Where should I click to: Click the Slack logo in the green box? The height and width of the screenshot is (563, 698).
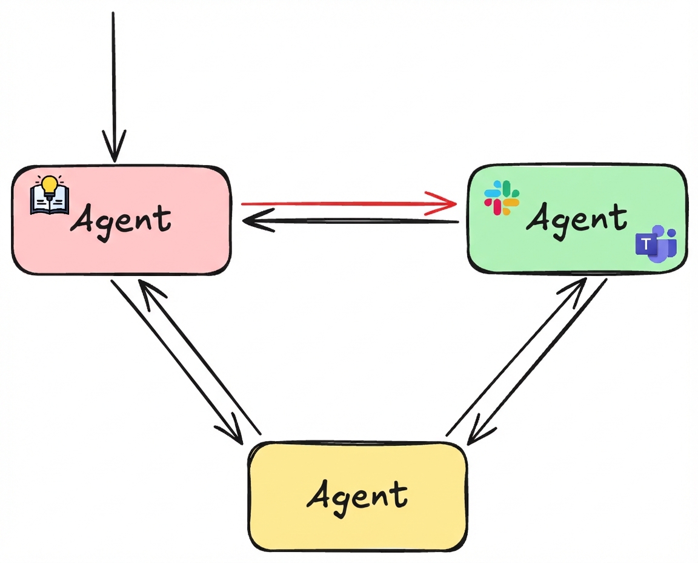pyautogui.click(x=502, y=197)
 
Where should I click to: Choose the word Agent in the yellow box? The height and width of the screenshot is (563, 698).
pyautogui.click(x=357, y=495)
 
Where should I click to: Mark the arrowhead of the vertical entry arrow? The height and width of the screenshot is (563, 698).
pyautogui.click(x=114, y=149)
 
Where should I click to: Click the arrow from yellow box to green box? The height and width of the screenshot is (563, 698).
pyautogui.click(x=515, y=358)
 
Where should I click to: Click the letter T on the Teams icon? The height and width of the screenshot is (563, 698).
pyautogui.click(x=646, y=244)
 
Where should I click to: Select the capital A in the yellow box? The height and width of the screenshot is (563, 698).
pyautogui.click(x=321, y=494)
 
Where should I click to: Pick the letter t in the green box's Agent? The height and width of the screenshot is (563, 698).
pyautogui.click(x=619, y=217)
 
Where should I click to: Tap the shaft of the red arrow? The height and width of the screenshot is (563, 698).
pyautogui.click(x=339, y=203)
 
